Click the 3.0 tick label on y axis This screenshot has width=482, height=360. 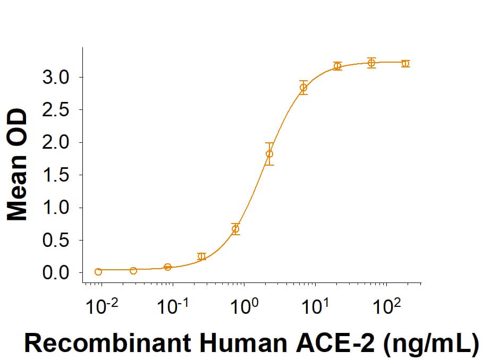pos(55,78)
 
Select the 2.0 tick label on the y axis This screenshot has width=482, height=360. pos(55,143)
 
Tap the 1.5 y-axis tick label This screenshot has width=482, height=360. pos(55,175)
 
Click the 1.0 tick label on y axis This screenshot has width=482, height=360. pos(55,208)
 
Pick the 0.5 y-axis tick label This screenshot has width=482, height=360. pos(55,241)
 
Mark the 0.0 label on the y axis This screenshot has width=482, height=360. pos(55,273)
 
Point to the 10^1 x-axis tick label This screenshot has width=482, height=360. pos(315,306)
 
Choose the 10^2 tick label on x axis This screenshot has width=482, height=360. pos(386,306)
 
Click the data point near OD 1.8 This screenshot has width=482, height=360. pos(269,154)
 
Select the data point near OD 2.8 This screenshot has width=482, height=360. pos(303,88)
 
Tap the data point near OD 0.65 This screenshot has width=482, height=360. pos(235,229)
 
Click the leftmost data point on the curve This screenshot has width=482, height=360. pos(98,272)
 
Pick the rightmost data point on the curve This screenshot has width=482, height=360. pos(405,63)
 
